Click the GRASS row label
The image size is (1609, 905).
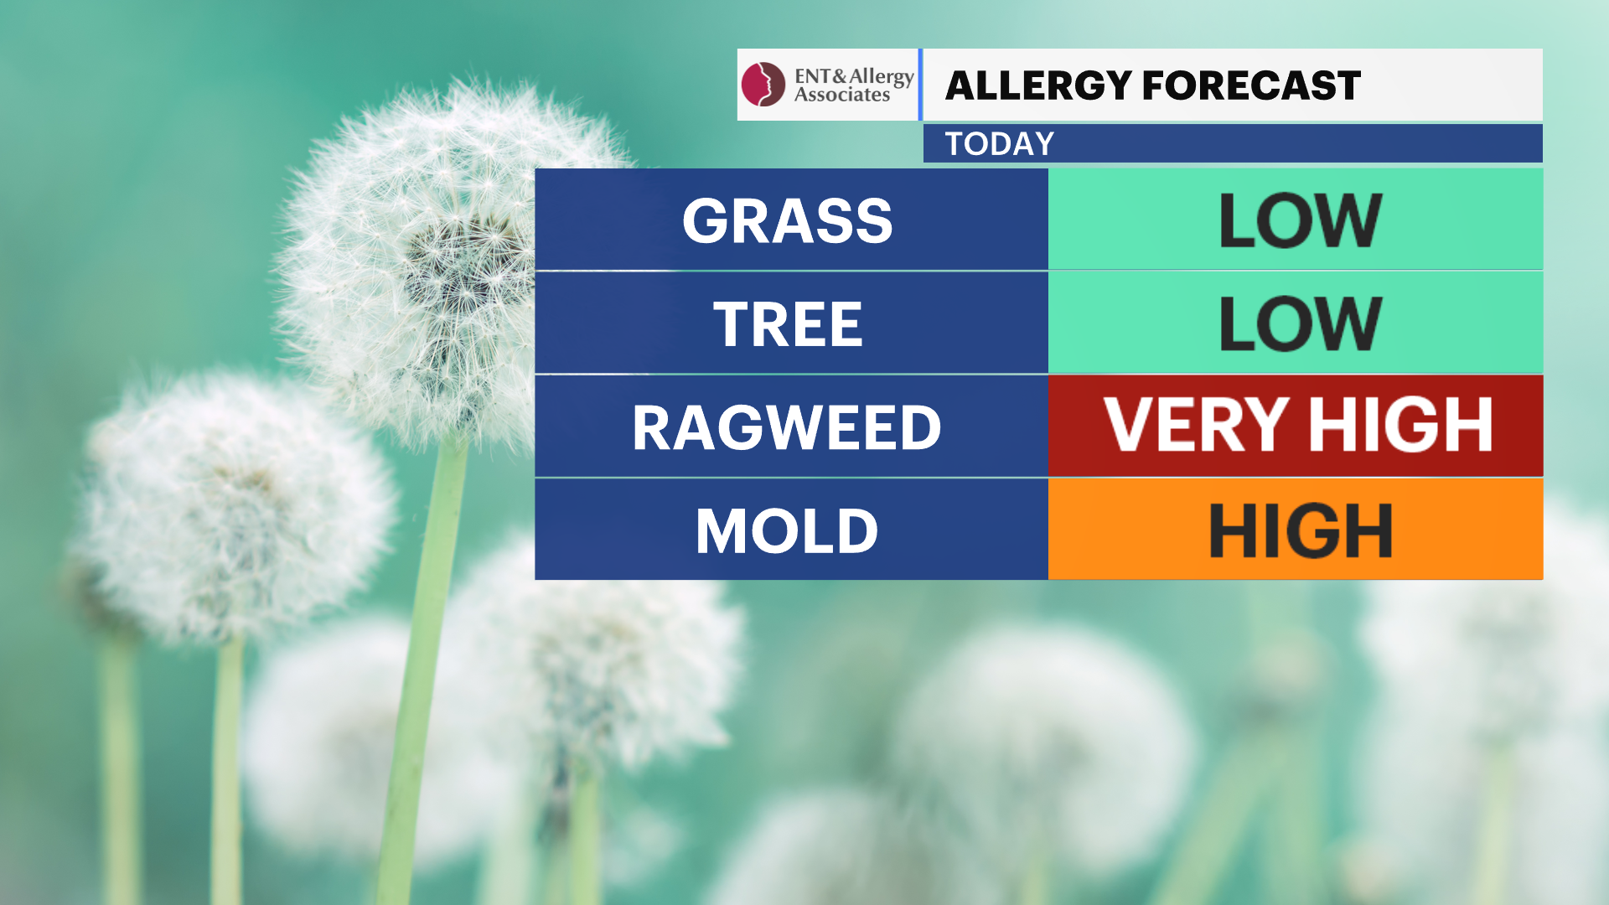(787, 221)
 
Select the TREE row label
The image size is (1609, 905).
(788, 324)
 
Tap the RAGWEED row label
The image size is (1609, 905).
(787, 427)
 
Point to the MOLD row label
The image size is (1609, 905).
(787, 531)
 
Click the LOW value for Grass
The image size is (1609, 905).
(1300, 220)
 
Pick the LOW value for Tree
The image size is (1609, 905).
(1300, 323)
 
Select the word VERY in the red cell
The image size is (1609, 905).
(1196, 424)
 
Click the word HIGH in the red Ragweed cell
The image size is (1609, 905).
(1400, 424)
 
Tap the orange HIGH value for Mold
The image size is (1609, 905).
(1300, 530)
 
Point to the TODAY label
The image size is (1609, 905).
(999, 144)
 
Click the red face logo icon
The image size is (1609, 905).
(763, 85)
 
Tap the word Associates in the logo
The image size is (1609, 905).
(841, 95)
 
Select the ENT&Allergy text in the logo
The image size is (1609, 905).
(854, 77)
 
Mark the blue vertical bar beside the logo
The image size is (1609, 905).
(920, 85)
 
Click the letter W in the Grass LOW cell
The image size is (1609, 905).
(1343, 220)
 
